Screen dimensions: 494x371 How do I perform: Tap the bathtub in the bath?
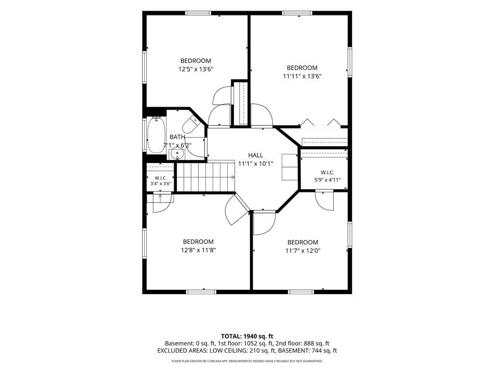[156, 135]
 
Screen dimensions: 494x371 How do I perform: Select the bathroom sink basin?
[177, 154]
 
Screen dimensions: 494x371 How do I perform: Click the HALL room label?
[256, 155]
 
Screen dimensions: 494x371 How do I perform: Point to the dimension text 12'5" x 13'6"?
[196, 69]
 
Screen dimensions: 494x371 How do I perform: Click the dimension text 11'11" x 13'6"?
[302, 76]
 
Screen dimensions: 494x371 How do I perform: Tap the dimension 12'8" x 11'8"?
[198, 250]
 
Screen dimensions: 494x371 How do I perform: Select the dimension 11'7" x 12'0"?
[303, 251]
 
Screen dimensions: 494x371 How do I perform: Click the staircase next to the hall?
[206, 177]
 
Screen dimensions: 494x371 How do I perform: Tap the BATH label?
[178, 137]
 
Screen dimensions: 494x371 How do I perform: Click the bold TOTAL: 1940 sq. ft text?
[247, 336]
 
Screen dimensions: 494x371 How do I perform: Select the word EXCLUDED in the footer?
[172, 351]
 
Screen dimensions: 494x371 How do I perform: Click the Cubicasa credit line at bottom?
[247, 361]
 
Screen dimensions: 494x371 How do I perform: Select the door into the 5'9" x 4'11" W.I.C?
[325, 200]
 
